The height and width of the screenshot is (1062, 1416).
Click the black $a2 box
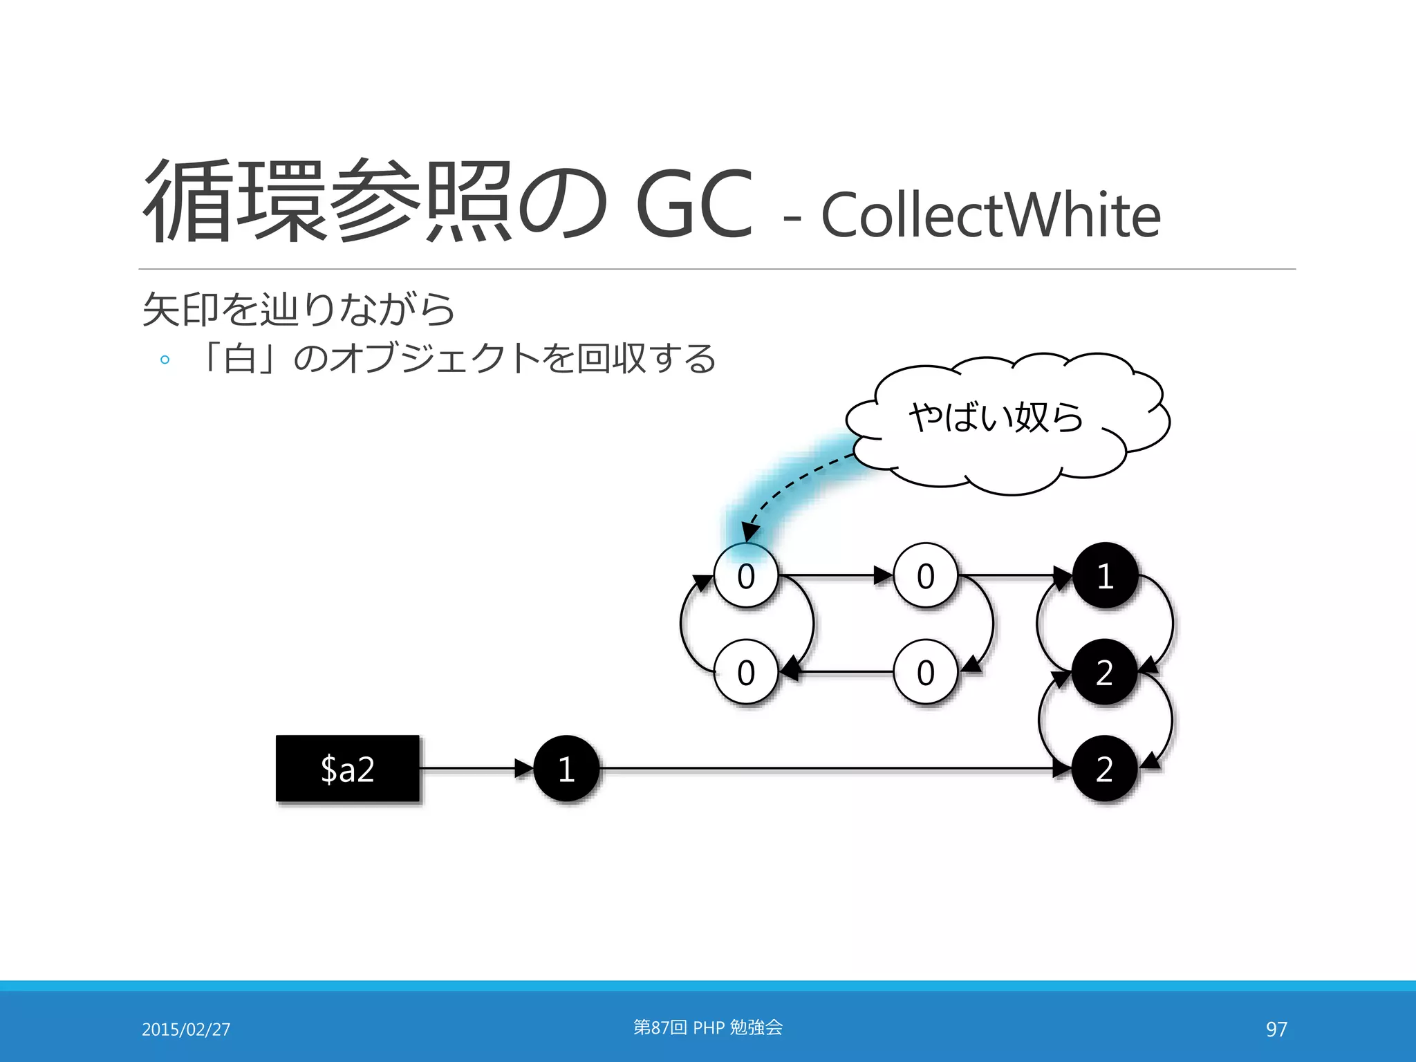pyautogui.click(x=347, y=768)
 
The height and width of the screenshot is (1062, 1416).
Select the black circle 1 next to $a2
pyautogui.click(x=566, y=768)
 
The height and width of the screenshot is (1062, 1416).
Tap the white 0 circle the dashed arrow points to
pyautogui.click(x=745, y=575)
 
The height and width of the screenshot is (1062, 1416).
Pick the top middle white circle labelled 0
pyautogui.click(x=925, y=575)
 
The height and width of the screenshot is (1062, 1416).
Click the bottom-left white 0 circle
pyautogui.click(x=745, y=672)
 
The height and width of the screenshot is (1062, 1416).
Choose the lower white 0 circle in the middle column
pyautogui.click(x=925, y=672)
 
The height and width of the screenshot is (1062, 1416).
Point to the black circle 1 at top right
pyautogui.click(x=1105, y=575)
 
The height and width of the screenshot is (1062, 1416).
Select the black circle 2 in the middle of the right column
pyautogui.click(x=1104, y=672)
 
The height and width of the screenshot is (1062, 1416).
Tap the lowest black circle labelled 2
pyautogui.click(x=1104, y=768)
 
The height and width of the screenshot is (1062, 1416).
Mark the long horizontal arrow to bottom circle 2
pyautogui.click(x=830, y=768)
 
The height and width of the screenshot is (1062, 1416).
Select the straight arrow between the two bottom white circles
pyautogui.click(x=837, y=671)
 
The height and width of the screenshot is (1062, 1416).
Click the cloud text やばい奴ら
pyautogui.click(x=996, y=417)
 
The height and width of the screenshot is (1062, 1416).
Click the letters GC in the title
pyautogui.click(x=693, y=205)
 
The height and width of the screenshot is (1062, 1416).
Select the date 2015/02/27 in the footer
pyautogui.click(x=186, y=1030)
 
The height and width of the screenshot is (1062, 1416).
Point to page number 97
pyautogui.click(x=1276, y=1030)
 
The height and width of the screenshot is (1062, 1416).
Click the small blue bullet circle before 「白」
pyautogui.click(x=165, y=360)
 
